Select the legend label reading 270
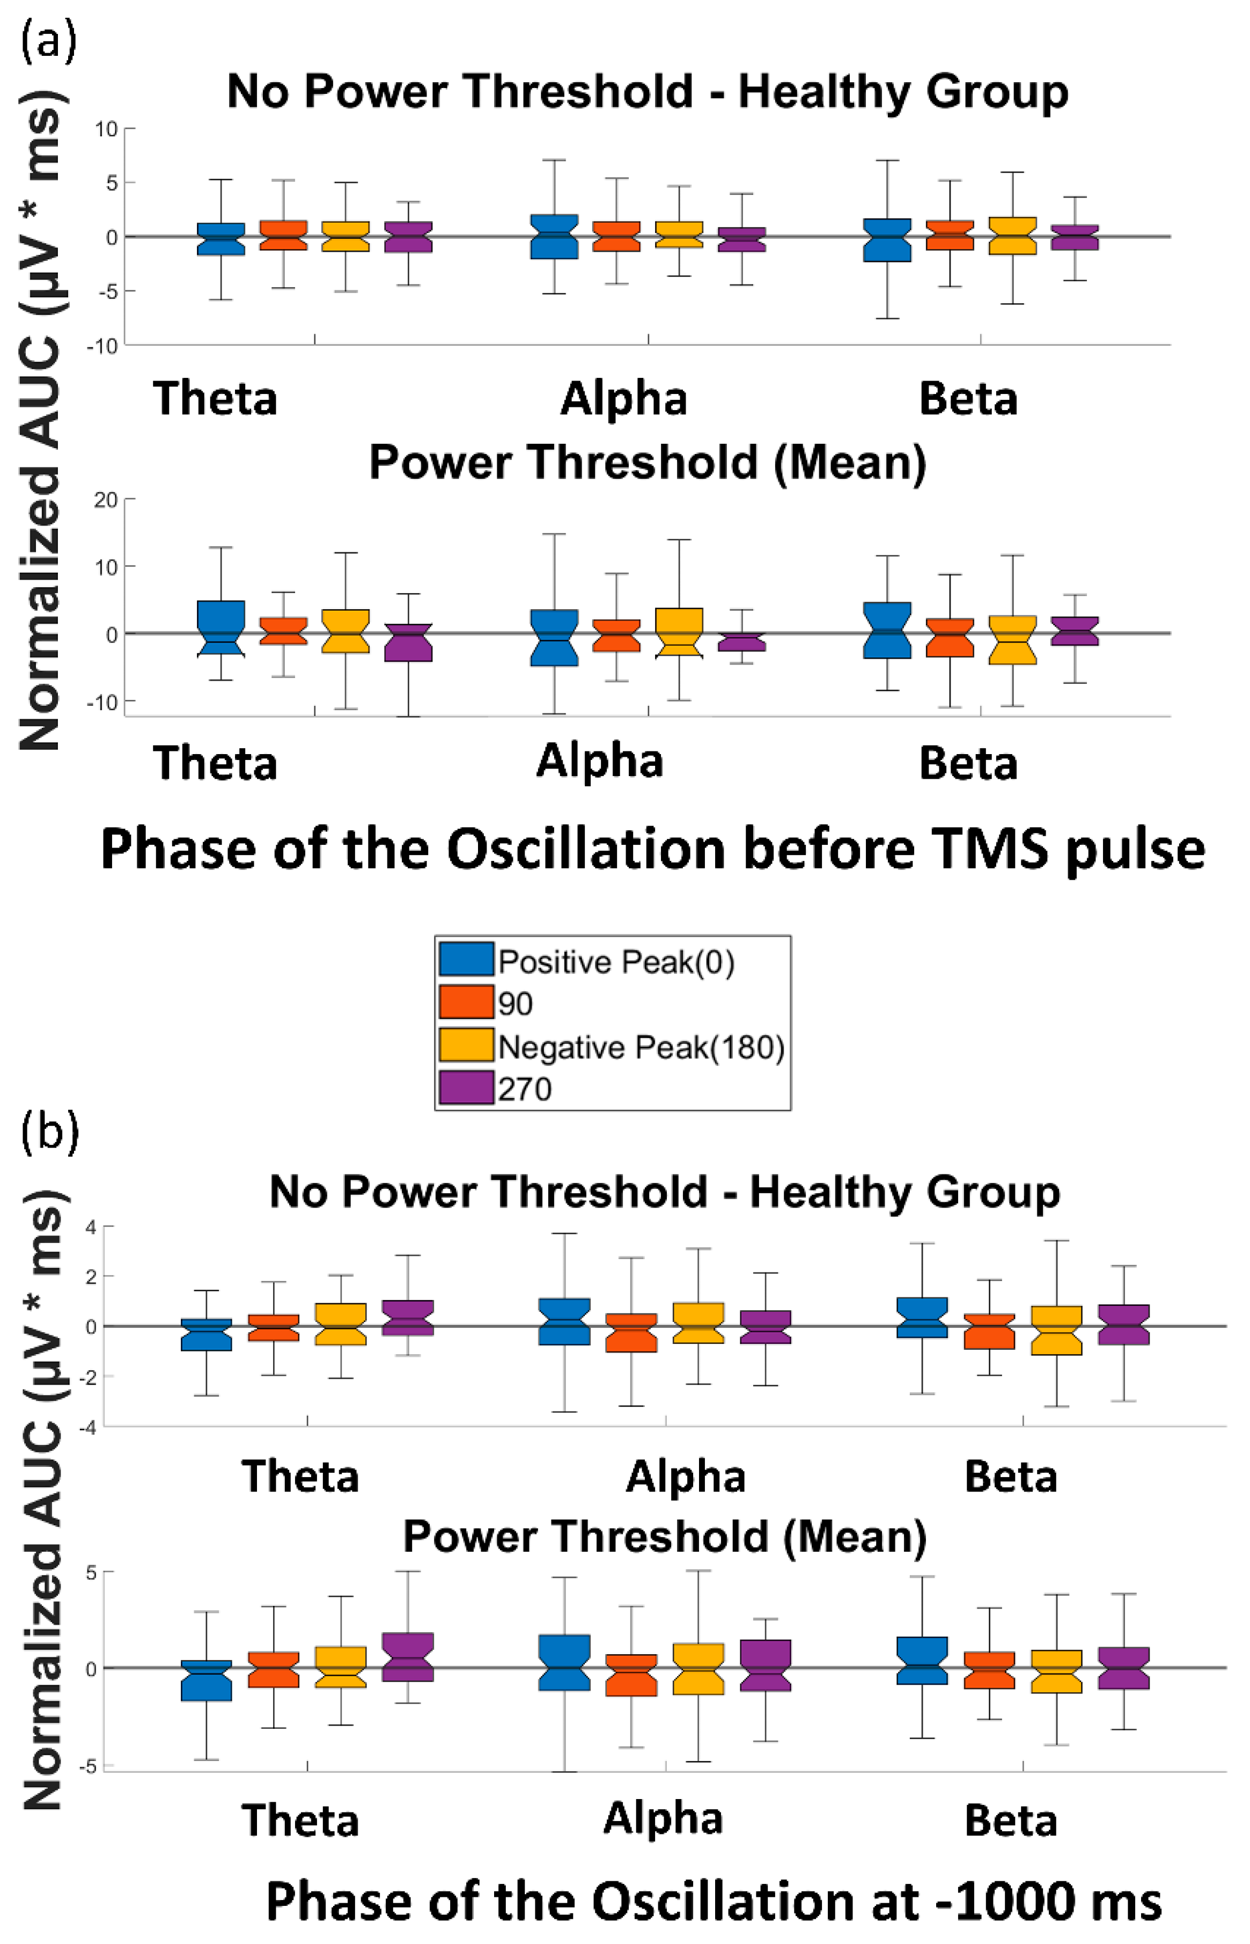point(524,1089)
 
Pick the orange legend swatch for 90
point(466,1002)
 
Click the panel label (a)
point(49,41)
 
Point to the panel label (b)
point(49,1132)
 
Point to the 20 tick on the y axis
point(106,499)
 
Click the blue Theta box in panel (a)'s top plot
point(221,239)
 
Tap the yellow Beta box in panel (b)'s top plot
point(1056,1329)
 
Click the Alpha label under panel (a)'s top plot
point(623,399)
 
